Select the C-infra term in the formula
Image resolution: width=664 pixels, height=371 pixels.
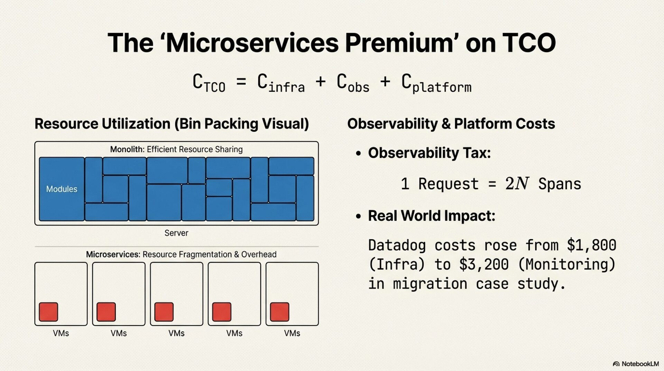point(280,83)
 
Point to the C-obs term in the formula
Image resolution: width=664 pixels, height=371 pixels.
point(353,83)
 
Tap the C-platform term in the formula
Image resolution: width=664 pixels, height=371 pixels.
point(436,83)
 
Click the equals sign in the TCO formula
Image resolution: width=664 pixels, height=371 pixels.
point(241,82)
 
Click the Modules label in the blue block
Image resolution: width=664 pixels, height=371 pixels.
point(62,189)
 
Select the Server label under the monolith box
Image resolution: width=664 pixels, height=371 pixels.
point(176,233)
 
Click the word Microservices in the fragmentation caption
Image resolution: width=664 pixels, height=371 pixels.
point(113,254)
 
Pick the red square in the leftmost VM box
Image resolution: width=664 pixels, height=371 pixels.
point(48,312)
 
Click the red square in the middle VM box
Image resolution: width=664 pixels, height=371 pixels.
point(164,312)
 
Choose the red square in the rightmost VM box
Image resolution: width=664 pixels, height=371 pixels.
point(279,312)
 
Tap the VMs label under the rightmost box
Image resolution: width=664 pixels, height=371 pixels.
point(292,333)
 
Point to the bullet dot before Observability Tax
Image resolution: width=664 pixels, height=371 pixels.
point(358,153)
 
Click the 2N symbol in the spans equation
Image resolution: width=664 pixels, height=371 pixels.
point(517,183)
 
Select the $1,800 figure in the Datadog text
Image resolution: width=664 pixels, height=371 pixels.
point(591,245)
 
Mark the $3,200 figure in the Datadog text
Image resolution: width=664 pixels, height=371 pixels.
point(483,265)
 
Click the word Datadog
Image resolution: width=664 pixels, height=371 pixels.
point(397,245)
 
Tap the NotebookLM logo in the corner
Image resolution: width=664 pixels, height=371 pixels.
point(636,364)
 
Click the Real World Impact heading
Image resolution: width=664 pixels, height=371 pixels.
point(431,216)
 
